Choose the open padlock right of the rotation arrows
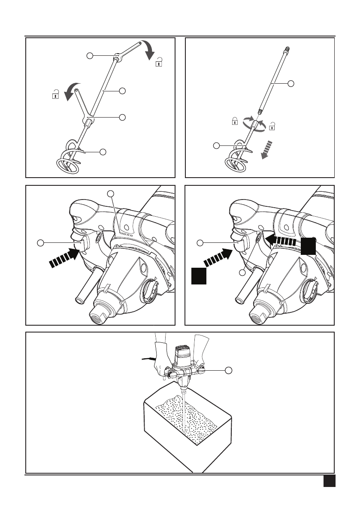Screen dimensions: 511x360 272,126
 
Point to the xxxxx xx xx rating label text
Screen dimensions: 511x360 127,235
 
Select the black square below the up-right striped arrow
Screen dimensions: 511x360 199,275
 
